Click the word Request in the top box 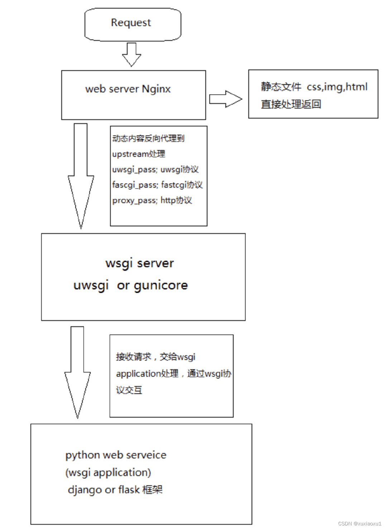(x=131, y=23)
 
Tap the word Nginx (x=156, y=89)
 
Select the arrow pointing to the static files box (x=225, y=99)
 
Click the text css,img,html (x=337, y=87)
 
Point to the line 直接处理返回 (x=291, y=104)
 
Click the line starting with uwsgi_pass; (x=155, y=169)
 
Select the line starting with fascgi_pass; (x=157, y=185)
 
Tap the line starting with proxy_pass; (x=152, y=200)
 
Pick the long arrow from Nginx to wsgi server (x=81, y=175)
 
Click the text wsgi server (x=139, y=263)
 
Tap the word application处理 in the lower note (x=147, y=374)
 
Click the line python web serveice (x=116, y=455)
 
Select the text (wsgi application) (x=108, y=472)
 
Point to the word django (x=85, y=490)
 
